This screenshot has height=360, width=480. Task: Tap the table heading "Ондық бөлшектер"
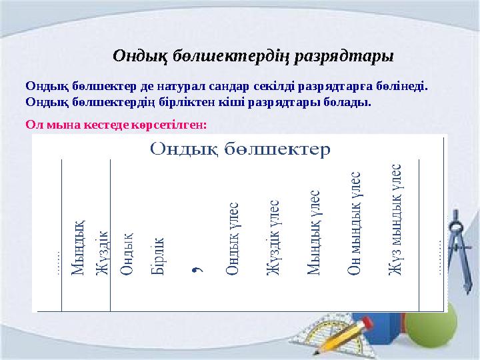(x=240, y=147)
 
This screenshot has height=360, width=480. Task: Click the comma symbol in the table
(x=198, y=269)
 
